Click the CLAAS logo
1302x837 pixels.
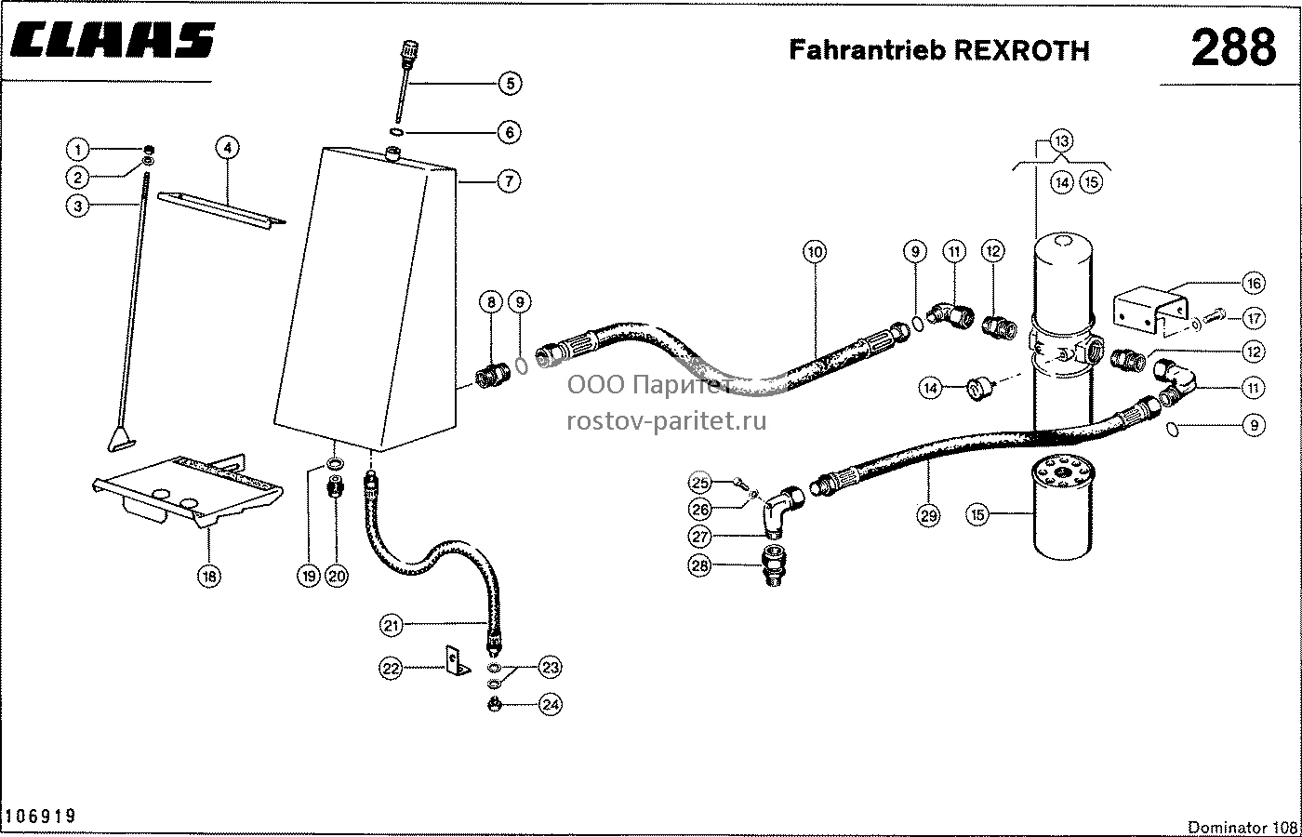(113, 40)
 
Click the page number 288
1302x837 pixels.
(1233, 47)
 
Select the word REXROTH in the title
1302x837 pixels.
(1021, 50)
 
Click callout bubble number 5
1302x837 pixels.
(510, 84)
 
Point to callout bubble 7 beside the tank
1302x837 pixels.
(509, 181)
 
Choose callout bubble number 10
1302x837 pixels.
(815, 252)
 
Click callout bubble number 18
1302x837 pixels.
(209, 576)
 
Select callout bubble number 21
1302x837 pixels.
(391, 625)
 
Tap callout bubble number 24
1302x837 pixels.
(551, 705)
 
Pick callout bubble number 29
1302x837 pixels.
(928, 515)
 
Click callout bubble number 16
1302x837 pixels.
(1254, 283)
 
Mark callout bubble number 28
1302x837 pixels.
(699, 565)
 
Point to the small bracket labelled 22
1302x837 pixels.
(458, 660)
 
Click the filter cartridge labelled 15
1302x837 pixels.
(1063, 508)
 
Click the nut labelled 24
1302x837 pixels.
(495, 705)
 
